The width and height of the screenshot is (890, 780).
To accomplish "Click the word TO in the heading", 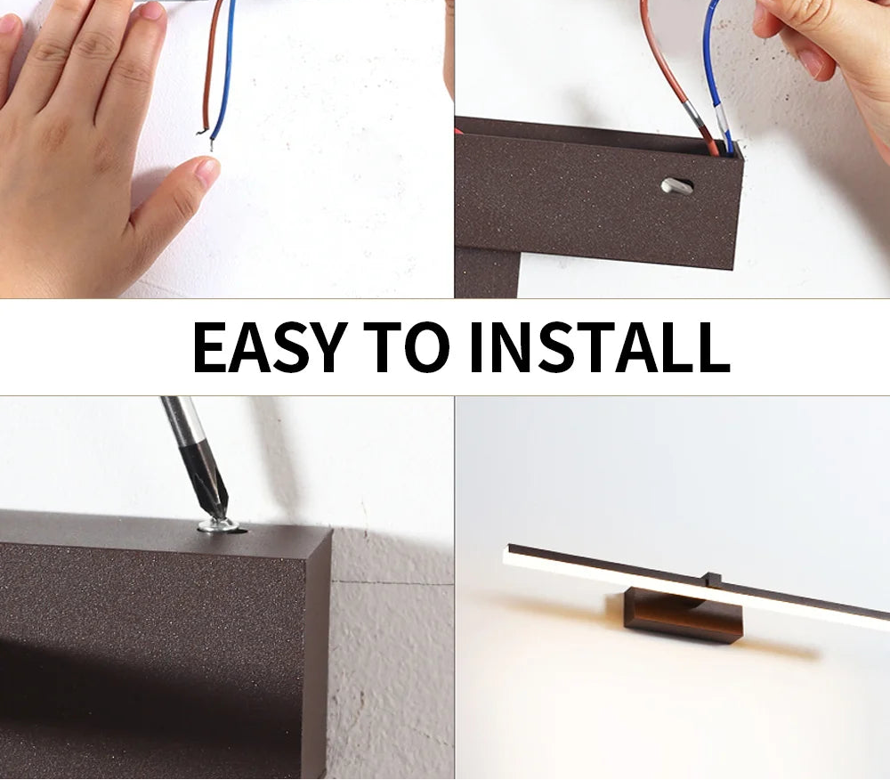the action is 407,346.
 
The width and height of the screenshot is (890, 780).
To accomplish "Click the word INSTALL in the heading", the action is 599,346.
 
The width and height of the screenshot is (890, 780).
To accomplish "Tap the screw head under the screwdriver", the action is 219,525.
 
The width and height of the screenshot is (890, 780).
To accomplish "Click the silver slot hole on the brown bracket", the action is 676,186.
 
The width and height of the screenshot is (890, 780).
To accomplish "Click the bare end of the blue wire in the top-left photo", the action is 213,144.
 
